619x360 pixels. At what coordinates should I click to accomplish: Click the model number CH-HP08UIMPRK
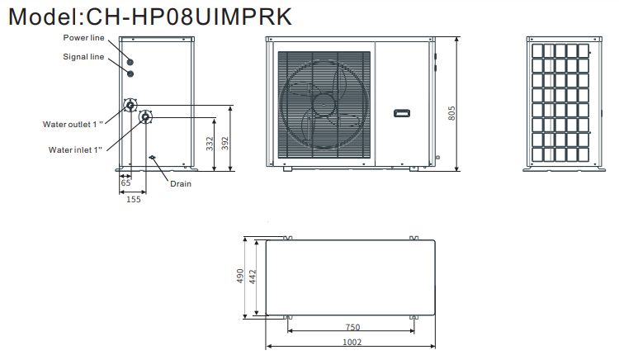point(189,17)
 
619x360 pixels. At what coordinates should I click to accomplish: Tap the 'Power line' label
point(83,38)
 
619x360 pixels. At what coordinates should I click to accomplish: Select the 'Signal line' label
point(83,57)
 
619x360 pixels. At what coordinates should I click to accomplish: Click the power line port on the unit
point(130,63)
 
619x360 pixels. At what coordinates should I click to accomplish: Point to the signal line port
point(130,73)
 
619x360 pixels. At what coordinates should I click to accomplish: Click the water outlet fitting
point(130,106)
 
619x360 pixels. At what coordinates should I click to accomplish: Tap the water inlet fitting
point(145,116)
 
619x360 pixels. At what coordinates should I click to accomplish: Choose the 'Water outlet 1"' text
point(73,125)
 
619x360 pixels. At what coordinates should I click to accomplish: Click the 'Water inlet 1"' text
point(75,150)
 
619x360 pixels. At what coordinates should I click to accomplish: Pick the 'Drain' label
point(181,184)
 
